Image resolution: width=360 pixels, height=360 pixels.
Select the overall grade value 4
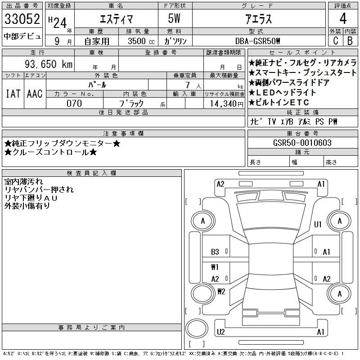pyautogui.click(x=343, y=20)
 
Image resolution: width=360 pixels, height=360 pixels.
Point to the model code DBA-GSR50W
pyautogui.click(x=258, y=41)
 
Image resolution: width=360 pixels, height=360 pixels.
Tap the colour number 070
pyautogui.click(x=74, y=103)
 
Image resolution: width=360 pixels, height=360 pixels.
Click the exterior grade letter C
pyautogui.click(x=335, y=40)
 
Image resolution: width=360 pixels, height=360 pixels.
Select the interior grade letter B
pyautogui.click(x=350, y=40)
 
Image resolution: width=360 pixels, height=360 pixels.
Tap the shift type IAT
pyautogui.click(x=13, y=94)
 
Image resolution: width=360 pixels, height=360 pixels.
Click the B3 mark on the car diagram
pyautogui.click(x=215, y=252)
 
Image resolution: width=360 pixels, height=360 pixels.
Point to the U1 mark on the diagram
pyautogui.click(x=318, y=225)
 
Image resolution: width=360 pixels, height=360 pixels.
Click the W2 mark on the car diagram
pyautogui.click(x=221, y=291)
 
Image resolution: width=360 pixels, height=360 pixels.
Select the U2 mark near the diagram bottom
pyautogui.click(x=220, y=332)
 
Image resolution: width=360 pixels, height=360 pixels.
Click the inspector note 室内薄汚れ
pyautogui.click(x=24, y=182)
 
